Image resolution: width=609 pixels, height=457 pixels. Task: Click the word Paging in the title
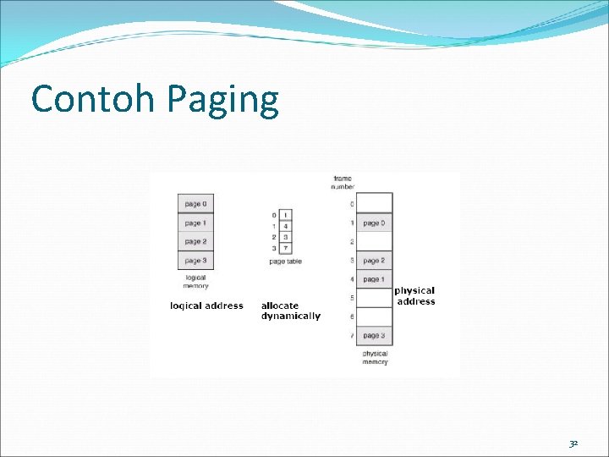click(x=222, y=102)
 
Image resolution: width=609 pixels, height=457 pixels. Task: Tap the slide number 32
click(x=574, y=442)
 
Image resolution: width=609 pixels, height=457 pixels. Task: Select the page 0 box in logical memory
click(x=194, y=203)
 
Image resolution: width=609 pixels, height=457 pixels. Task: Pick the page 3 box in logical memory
click(x=194, y=261)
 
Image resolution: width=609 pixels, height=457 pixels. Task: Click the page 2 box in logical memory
click(x=194, y=242)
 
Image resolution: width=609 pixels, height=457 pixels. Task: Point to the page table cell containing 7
click(x=285, y=249)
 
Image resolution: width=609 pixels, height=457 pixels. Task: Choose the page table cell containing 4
click(x=285, y=226)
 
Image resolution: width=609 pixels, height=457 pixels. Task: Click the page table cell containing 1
click(x=285, y=215)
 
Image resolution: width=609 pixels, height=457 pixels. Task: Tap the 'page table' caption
click(x=285, y=262)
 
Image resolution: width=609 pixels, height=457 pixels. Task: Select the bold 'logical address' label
click(x=206, y=306)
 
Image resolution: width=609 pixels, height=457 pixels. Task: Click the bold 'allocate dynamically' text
click(x=291, y=311)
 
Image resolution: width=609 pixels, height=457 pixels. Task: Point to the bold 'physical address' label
click(x=415, y=296)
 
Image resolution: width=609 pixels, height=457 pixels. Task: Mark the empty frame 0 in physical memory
click(x=374, y=203)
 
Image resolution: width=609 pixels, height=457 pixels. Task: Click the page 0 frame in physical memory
click(x=374, y=223)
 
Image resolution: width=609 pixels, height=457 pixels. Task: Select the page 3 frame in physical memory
click(x=374, y=336)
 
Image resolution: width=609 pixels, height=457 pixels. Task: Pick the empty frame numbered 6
click(x=374, y=317)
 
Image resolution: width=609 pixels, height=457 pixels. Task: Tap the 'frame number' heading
click(x=343, y=182)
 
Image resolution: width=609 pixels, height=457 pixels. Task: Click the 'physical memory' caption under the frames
click(x=375, y=358)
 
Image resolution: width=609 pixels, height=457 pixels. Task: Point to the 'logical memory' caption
click(x=195, y=282)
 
